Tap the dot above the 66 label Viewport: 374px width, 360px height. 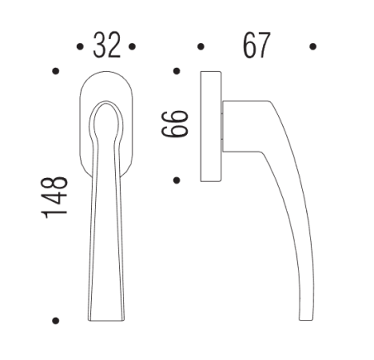177,72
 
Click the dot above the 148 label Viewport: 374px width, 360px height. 55,72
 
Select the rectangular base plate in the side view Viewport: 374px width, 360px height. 210,126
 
